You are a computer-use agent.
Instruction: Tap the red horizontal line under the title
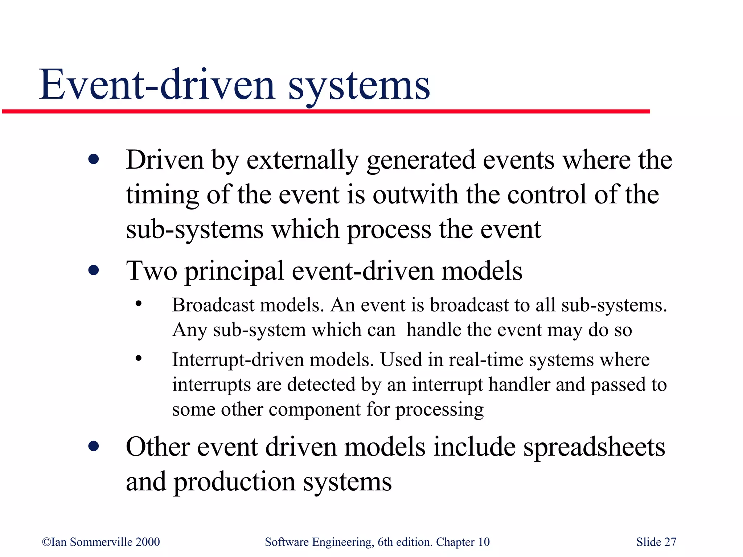[x=327, y=111]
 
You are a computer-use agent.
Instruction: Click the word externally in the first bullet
[x=303, y=160]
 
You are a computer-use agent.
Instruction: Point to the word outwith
[x=415, y=195]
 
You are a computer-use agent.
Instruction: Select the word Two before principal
[x=152, y=271]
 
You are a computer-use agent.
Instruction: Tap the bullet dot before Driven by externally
[x=94, y=160]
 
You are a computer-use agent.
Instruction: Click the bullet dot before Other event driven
[x=94, y=446]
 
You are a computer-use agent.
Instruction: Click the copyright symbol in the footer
[x=46, y=542]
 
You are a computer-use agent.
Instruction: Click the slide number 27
[x=670, y=542]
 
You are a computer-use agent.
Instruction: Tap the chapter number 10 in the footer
[x=484, y=542]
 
